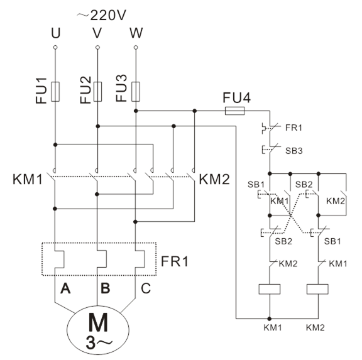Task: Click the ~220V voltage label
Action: click(102, 15)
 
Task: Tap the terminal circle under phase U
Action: click(55, 47)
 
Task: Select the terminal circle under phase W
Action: click(136, 47)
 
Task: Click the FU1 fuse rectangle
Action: click(55, 91)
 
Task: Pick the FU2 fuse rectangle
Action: click(97, 91)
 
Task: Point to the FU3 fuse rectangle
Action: click(136, 91)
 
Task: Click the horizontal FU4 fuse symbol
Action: click(235, 111)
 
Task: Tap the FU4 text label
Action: click(237, 97)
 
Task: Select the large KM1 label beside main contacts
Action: click(28, 179)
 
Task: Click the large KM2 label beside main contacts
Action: click(214, 179)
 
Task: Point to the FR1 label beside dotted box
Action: click(175, 261)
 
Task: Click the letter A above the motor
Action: click(65, 288)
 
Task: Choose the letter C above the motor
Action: click(146, 288)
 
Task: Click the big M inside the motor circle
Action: click(98, 322)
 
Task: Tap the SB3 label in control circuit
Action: click(294, 151)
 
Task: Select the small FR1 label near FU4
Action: click(293, 128)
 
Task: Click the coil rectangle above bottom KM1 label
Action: click(270, 289)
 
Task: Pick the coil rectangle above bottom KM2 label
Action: click(317, 289)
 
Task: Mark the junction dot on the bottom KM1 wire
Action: click(270, 319)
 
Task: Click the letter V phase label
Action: click(97, 33)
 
